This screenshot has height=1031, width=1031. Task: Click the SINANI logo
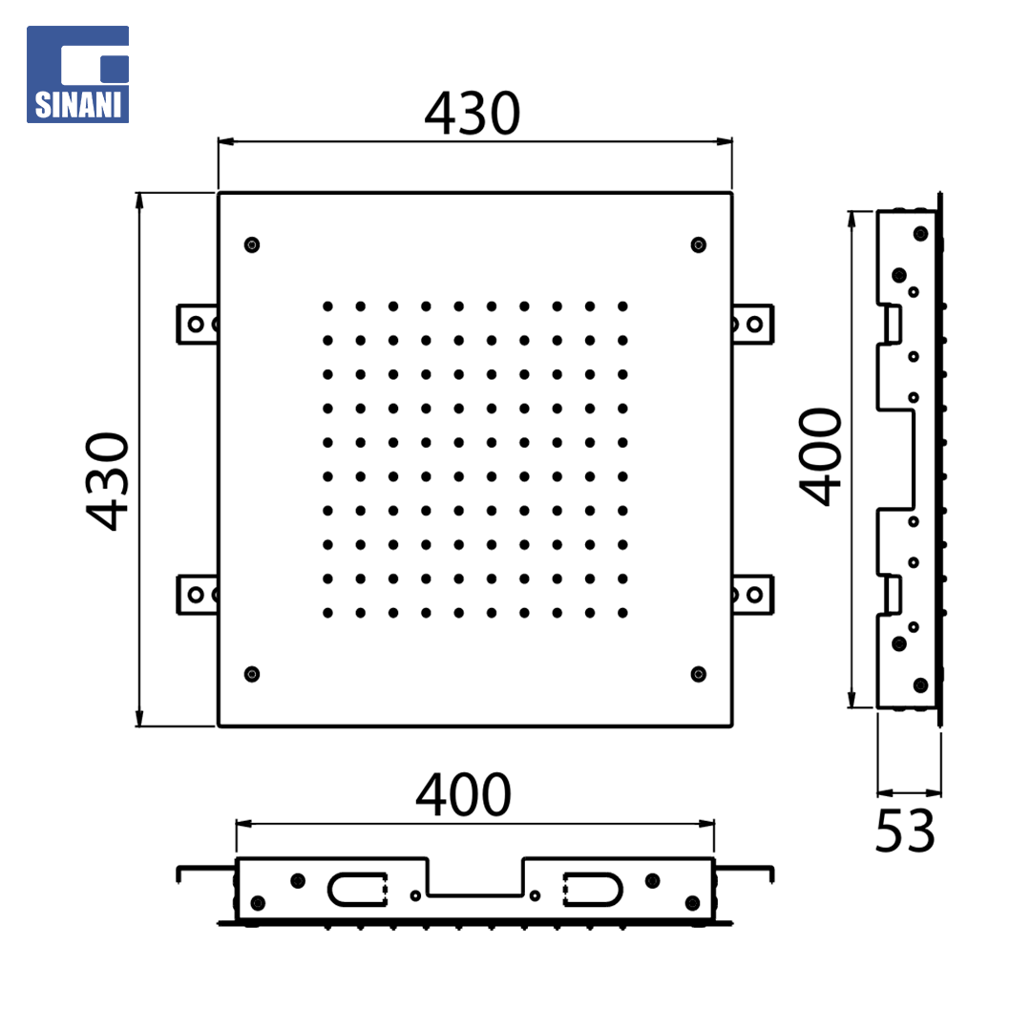click(x=77, y=74)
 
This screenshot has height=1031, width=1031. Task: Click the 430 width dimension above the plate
click(x=473, y=114)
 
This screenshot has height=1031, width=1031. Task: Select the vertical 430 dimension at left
click(x=107, y=481)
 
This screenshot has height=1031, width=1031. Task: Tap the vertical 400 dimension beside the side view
click(x=820, y=457)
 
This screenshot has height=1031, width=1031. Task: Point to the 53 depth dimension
click(x=905, y=831)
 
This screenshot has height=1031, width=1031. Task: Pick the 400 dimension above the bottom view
click(x=464, y=795)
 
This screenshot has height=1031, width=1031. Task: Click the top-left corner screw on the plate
click(x=252, y=244)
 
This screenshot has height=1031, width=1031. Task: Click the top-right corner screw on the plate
click(x=698, y=244)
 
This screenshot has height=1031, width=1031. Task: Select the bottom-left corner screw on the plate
click(x=252, y=674)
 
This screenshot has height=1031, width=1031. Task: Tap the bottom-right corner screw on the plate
click(x=698, y=674)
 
